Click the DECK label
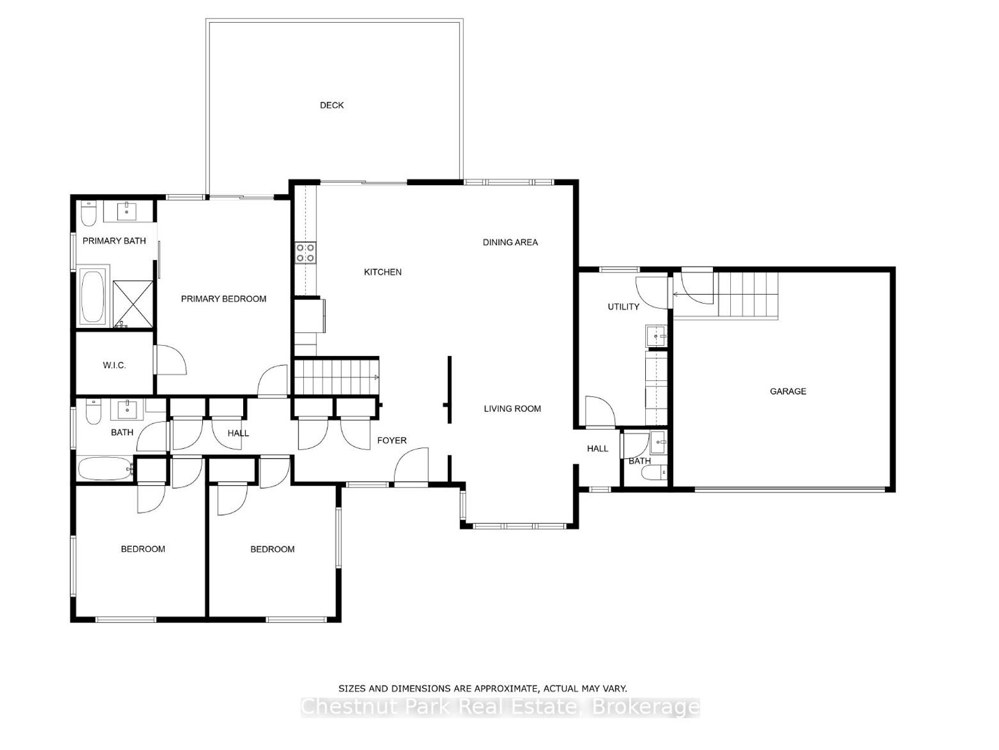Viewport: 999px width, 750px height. click(x=331, y=105)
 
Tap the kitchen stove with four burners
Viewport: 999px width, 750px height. click(x=306, y=253)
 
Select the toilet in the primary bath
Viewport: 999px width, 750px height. click(x=88, y=214)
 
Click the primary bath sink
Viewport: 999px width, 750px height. click(x=127, y=211)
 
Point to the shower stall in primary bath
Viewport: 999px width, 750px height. click(x=133, y=304)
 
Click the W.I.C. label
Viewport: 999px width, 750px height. click(x=114, y=365)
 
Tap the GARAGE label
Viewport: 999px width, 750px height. click(x=788, y=391)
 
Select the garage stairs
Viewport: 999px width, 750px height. click(x=748, y=295)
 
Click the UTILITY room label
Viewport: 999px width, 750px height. click(x=624, y=307)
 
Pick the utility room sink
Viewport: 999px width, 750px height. click(x=656, y=336)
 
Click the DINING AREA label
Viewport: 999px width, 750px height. click(x=510, y=242)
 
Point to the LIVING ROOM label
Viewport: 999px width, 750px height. click(x=513, y=409)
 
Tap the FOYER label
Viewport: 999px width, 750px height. click(x=392, y=440)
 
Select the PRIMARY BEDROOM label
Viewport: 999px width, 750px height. click(x=224, y=299)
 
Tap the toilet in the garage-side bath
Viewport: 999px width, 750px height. click(x=654, y=472)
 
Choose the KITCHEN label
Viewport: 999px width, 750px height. click(x=383, y=272)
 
